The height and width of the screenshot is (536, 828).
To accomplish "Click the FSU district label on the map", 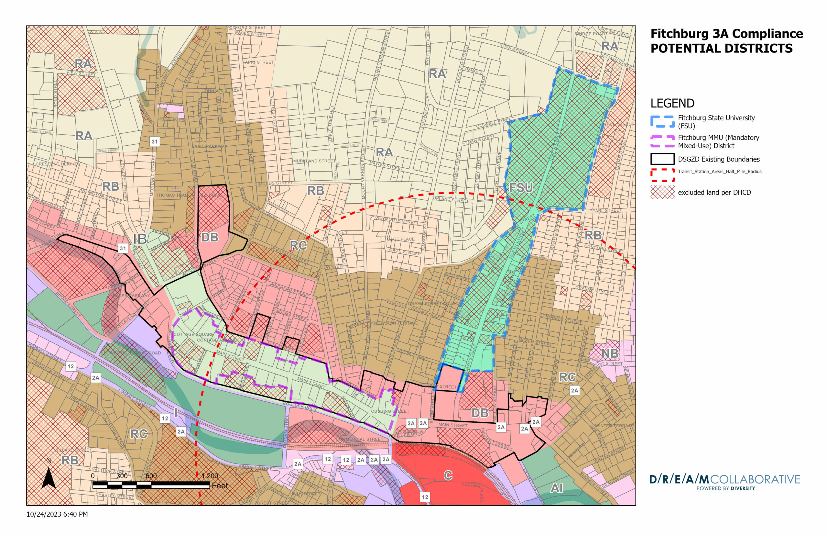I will [x=521, y=188].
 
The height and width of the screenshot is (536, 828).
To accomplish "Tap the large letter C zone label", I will [x=448, y=475].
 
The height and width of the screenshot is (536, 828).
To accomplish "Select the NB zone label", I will [x=610, y=354].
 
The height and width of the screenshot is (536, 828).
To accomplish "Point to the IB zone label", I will [x=140, y=239].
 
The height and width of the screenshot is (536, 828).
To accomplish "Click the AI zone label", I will [x=556, y=488].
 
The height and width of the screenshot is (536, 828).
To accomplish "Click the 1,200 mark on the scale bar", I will [x=210, y=476].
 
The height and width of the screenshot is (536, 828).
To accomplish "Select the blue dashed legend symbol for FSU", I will [x=662, y=121].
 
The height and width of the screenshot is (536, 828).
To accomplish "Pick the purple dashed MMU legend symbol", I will [x=662, y=141].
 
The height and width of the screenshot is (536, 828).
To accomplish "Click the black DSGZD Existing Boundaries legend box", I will [x=662, y=159].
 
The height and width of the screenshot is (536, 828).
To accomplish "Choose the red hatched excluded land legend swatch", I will [x=662, y=192].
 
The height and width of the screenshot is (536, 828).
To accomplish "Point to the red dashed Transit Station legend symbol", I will [x=662, y=175].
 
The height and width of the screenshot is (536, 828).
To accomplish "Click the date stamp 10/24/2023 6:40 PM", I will [x=57, y=514].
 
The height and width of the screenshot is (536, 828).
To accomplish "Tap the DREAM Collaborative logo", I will [x=724, y=482].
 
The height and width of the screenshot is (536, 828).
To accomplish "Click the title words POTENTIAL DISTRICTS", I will [x=721, y=48].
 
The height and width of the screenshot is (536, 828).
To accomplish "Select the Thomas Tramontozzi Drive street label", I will [x=189, y=195].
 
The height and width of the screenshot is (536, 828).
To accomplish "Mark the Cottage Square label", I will [x=194, y=334].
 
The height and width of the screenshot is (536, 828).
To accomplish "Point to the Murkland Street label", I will [x=314, y=161].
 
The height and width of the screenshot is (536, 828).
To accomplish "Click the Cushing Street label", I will [x=390, y=411].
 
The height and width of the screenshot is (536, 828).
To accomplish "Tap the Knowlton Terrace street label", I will [x=394, y=323].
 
